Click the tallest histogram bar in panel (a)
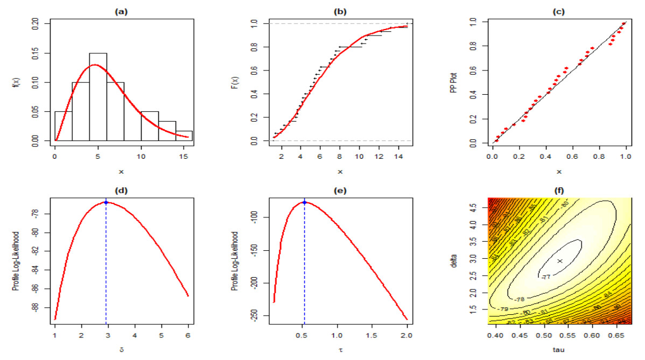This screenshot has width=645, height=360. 98,97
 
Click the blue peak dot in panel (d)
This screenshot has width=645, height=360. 106,202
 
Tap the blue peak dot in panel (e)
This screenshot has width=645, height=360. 305,202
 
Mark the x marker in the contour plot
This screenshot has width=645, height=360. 560,261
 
